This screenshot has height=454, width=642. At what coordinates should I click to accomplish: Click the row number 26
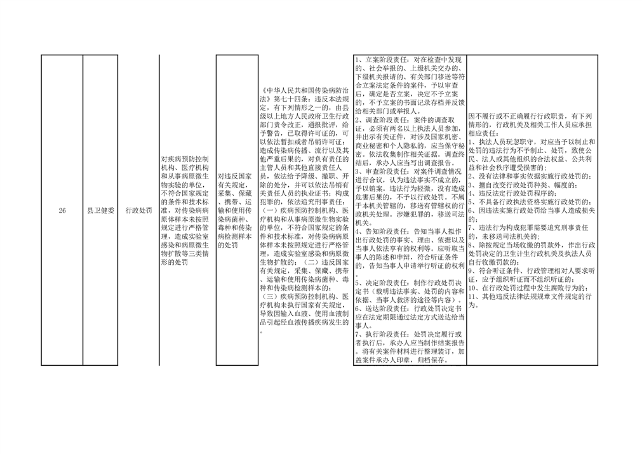click(x=62, y=210)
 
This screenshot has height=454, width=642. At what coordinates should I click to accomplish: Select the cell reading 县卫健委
click(x=101, y=210)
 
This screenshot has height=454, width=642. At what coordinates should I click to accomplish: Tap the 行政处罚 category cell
click(x=139, y=210)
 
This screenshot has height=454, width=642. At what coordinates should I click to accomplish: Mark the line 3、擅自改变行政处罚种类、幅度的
click(x=523, y=185)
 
